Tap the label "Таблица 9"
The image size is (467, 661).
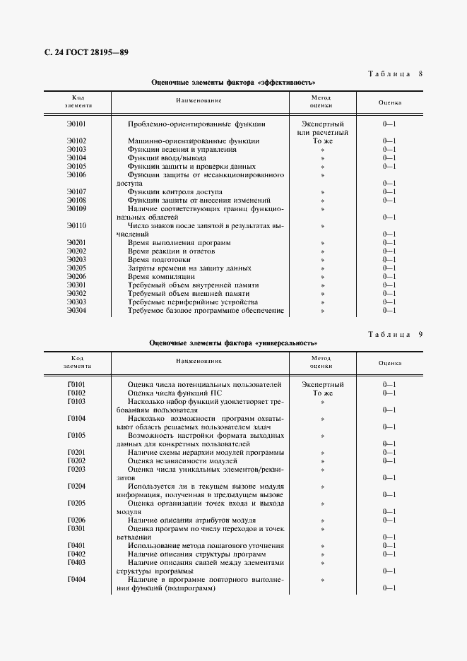point(395,334)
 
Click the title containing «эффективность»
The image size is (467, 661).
point(233,82)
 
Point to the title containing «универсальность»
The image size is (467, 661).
point(233,343)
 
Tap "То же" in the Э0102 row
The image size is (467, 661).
point(322,141)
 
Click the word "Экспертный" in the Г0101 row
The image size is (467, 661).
point(322,384)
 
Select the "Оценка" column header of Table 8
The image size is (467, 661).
point(389,102)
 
